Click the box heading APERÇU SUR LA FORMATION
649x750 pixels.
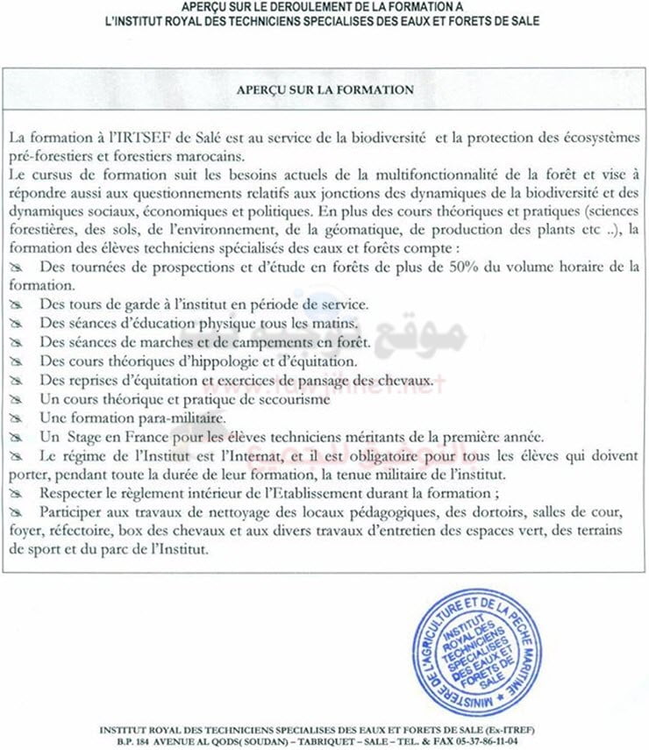[324, 89]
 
